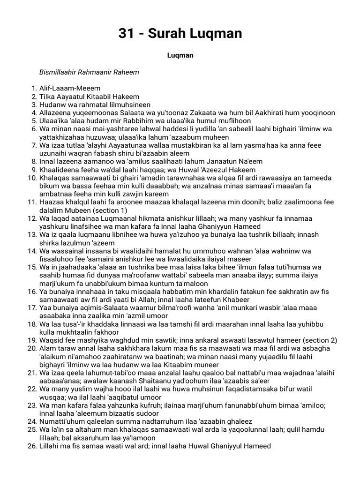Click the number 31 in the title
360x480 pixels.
click(125, 33)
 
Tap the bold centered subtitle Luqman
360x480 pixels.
click(180, 55)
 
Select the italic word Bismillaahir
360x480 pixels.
click(58, 72)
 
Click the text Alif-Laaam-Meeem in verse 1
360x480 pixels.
click(70, 88)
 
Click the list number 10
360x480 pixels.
click(32, 178)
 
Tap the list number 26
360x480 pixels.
click(32, 446)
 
